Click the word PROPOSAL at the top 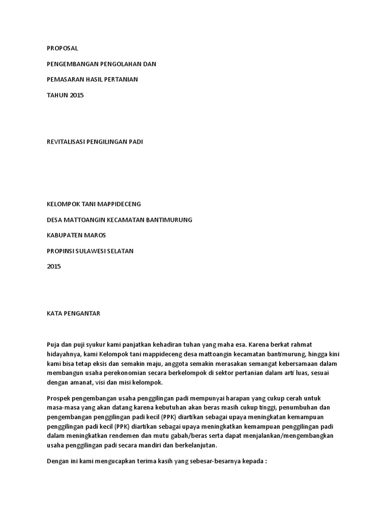(x=62, y=48)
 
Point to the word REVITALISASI (x=68, y=142)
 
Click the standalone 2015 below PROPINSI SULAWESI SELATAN (x=53, y=267)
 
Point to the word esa (x=240, y=345)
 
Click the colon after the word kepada (x=265, y=461)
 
